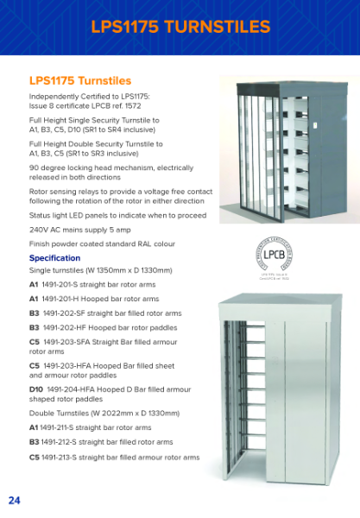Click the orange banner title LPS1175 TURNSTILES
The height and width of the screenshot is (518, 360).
point(180,27)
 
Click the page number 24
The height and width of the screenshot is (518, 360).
point(15,500)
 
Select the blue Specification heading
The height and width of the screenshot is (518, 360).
point(54,257)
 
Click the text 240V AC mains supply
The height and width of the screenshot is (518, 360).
point(68,231)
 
